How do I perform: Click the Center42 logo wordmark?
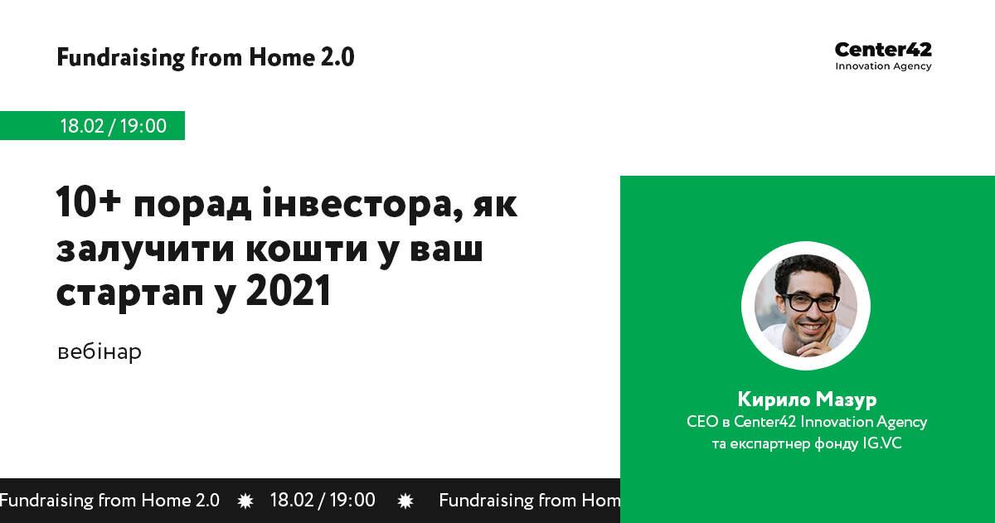click(x=883, y=50)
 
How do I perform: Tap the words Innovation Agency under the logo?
click(x=883, y=66)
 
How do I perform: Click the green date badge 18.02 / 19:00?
click(x=92, y=126)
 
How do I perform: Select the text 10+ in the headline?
click(x=89, y=202)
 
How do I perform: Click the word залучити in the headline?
click(x=145, y=251)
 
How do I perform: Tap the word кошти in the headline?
click(x=307, y=249)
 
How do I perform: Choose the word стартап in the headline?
click(x=129, y=293)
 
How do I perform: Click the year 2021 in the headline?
click(x=289, y=290)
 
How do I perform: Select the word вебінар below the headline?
click(x=99, y=351)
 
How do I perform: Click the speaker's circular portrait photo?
click(x=806, y=306)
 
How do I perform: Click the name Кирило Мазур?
click(x=807, y=399)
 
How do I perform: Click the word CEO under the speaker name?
click(x=702, y=421)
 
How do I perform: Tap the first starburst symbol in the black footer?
click(x=245, y=501)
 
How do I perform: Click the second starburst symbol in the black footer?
click(x=405, y=501)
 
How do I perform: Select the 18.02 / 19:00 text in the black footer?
click(x=323, y=501)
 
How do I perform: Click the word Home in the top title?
click(x=282, y=58)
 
